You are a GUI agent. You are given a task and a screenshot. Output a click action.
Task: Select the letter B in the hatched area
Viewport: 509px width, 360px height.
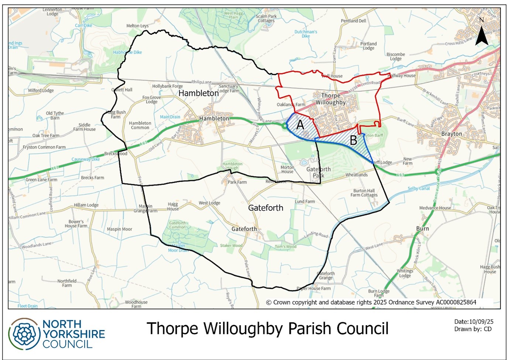pyautogui.click(x=353, y=140)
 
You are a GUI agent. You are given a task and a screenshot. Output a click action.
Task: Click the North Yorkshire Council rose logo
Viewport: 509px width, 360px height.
pyautogui.click(x=24, y=334)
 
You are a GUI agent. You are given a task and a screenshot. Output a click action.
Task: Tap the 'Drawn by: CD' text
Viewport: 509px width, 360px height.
pyautogui.click(x=473, y=329)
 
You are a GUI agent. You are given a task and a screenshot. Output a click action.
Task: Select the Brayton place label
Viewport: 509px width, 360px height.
pyautogui.click(x=451, y=134)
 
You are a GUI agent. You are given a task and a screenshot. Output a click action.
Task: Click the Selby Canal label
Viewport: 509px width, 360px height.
pyautogui.click(x=419, y=188)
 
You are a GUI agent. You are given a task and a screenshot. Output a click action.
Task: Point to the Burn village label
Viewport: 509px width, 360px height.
pyautogui.click(x=422, y=229)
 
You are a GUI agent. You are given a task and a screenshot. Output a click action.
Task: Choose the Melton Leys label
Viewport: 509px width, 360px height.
pyautogui.click(x=137, y=26)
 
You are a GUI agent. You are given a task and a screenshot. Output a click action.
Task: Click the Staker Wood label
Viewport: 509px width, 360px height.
pyautogui.click(x=231, y=245)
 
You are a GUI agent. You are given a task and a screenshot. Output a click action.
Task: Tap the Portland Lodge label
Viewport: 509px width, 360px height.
pyautogui.click(x=368, y=46)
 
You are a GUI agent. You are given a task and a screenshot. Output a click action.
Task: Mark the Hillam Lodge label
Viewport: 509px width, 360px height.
pyautogui.click(x=86, y=205)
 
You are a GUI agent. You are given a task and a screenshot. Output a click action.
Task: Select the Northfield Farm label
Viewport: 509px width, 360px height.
pyautogui.click(x=67, y=283)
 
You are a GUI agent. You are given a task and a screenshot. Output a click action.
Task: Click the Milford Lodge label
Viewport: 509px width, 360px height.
pyautogui.click(x=41, y=90)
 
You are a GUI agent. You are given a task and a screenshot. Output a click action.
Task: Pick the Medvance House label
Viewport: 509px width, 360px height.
pyautogui.click(x=435, y=208)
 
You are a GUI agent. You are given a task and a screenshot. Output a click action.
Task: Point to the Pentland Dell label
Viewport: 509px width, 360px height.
pyautogui.click(x=353, y=21)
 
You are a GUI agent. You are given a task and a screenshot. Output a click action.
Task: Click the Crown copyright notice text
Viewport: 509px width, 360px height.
pyautogui.click(x=371, y=302)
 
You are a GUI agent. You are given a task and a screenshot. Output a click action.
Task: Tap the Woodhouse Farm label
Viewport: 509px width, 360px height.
pyautogui.click(x=136, y=304)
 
